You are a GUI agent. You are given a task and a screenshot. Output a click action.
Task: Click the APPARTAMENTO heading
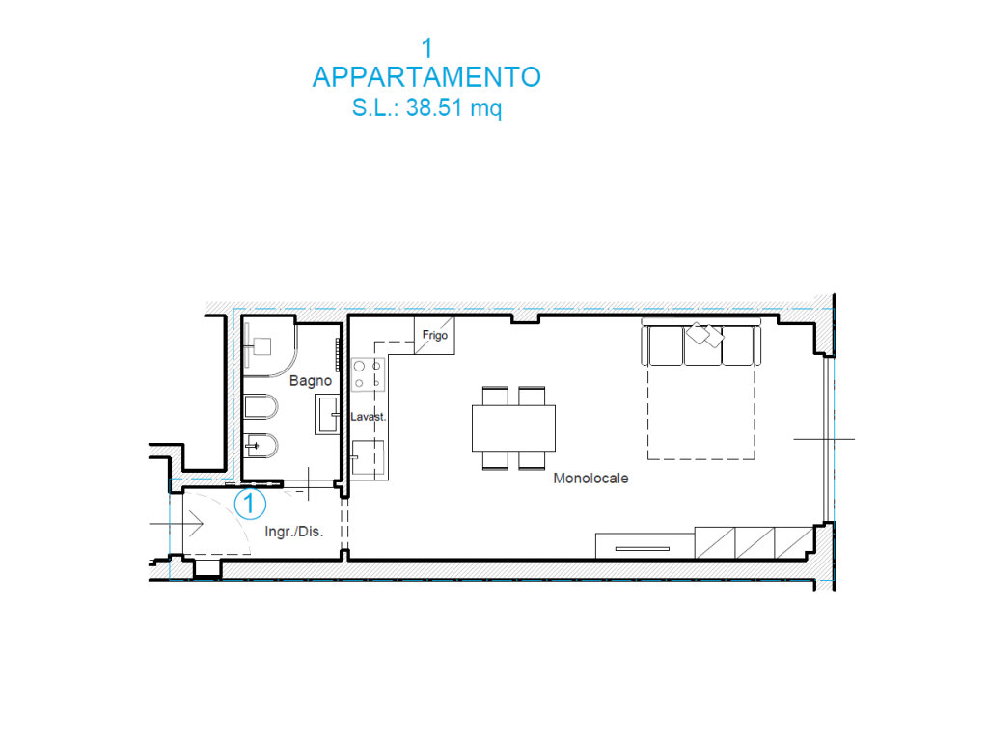point(426,77)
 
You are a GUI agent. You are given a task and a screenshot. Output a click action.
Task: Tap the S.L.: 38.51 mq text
point(426,108)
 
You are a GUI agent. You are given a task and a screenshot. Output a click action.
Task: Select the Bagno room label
point(311,380)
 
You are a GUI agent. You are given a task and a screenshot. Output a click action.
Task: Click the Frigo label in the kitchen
point(435,335)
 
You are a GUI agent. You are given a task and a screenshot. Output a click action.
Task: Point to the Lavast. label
point(368,417)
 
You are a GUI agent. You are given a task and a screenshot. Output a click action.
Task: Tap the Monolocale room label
point(590,479)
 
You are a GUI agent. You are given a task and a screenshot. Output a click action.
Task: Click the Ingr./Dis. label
point(293,532)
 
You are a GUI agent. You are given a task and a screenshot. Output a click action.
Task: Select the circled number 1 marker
point(250,504)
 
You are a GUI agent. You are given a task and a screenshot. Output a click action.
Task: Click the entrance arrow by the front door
point(177,524)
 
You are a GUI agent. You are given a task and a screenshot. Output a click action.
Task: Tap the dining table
point(513,427)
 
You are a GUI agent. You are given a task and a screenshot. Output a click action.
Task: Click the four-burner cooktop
point(368,374)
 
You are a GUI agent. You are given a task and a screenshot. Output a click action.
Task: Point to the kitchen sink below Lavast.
point(368,456)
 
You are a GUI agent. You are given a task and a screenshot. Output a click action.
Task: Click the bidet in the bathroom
point(261,446)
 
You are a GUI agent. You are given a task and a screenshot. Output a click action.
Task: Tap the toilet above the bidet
point(261,407)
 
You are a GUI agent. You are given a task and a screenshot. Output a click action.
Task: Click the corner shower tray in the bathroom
point(269,346)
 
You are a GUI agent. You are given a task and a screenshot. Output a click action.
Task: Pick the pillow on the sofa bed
point(704,335)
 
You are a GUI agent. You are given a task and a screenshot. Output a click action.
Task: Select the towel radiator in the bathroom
point(338,355)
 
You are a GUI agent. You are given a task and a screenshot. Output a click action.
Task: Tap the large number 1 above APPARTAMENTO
point(427,48)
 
